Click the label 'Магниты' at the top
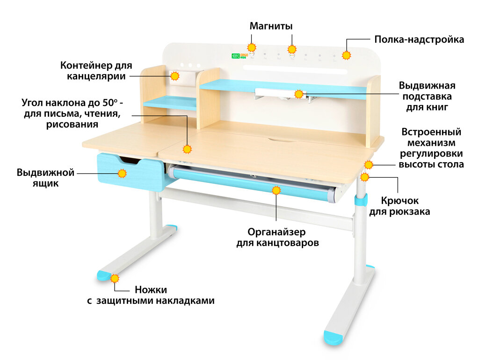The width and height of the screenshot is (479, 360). point(271,26)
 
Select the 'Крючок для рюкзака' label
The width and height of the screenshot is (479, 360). point(399,206)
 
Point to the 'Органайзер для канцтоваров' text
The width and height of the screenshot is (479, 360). point(277,238)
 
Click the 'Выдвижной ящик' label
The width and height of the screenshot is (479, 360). point(45,178)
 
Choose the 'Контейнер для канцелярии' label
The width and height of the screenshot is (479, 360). point(96,70)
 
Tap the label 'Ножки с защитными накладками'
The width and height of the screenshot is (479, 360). point(151,295)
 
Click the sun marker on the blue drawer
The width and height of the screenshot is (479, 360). point(122,173)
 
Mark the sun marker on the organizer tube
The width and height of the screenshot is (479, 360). point(276,190)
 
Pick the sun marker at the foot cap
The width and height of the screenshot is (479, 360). point(114,278)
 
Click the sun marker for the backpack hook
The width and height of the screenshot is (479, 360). point(365,177)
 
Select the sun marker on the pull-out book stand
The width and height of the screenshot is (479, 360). point(299,94)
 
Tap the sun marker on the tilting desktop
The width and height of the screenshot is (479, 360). point(187,149)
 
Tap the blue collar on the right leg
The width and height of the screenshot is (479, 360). point(360,201)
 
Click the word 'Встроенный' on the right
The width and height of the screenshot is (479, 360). point(431,132)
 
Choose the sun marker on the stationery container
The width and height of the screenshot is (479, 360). point(174,76)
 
